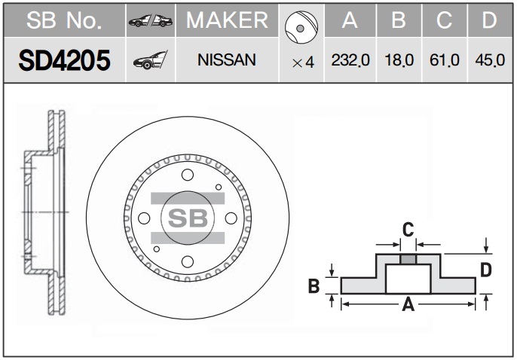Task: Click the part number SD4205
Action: point(64,60)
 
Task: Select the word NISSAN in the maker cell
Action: point(227,60)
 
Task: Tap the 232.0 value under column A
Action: point(350,60)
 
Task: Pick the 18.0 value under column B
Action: point(399,60)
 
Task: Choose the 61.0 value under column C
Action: point(445,60)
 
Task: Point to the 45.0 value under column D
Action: point(490,60)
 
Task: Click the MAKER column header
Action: point(227,20)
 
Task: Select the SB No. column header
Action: point(64,20)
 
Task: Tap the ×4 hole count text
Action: point(303,63)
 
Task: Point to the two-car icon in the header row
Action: point(151,21)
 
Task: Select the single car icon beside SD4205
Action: point(151,60)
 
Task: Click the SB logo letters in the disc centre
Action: point(188,218)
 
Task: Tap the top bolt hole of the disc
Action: point(188,175)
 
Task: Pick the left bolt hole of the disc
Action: point(144,218)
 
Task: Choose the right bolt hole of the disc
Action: point(231,218)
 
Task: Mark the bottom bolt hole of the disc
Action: point(188,262)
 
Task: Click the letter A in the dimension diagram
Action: point(408,305)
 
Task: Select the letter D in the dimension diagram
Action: point(486,270)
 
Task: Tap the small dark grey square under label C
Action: point(408,259)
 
